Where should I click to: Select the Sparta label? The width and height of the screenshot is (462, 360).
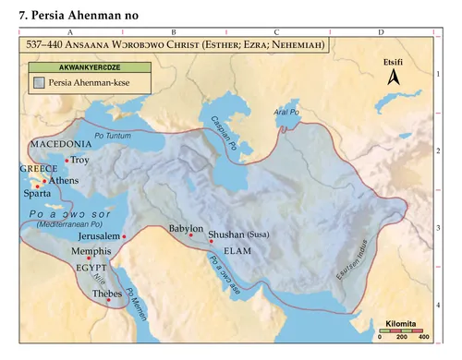[37, 195]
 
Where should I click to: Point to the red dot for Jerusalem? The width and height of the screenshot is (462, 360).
[124, 236]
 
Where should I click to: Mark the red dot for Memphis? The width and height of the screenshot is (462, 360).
[90, 258]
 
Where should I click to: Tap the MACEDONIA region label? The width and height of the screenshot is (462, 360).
[61, 145]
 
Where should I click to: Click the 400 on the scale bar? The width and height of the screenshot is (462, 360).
[423, 338]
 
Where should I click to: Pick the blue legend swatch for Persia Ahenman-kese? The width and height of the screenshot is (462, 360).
[40, 84]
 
